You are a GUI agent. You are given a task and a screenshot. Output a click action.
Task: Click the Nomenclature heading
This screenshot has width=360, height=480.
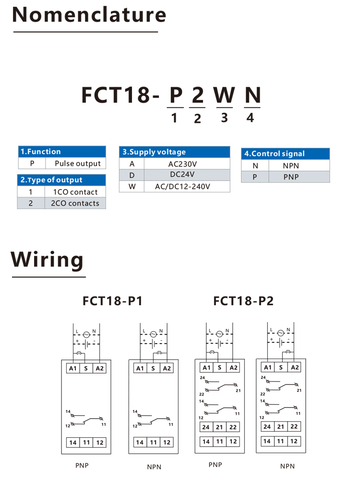click(89, 15)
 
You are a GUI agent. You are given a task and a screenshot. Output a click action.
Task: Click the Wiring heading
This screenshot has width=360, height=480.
click(47, 260)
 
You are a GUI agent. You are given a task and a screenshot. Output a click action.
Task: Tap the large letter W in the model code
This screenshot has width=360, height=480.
click(224, 95)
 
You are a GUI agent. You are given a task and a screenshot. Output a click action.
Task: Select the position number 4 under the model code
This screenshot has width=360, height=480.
click(250, 118)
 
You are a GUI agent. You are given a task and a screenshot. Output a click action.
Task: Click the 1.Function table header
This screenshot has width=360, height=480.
click(62, 152)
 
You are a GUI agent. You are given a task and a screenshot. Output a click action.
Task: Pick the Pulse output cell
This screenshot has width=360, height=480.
click(78, 164)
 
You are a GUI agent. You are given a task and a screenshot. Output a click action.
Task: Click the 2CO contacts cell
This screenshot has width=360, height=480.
click(75, 203)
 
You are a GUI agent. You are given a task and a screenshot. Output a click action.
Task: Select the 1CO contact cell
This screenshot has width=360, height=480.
click(75, 192)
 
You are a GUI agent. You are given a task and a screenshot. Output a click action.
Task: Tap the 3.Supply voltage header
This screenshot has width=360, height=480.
click(175, 152)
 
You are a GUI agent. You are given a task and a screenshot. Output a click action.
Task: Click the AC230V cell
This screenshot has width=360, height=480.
click(182, 164)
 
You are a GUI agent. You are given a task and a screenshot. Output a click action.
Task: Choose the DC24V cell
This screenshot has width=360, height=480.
click(182, 175)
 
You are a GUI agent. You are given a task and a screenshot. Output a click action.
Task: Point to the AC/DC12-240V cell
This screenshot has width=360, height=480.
click(182, 186)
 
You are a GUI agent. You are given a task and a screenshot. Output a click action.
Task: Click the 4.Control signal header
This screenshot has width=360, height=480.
click(285, 154)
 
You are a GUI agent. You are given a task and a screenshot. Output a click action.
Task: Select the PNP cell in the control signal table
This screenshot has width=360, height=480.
click(291, 177)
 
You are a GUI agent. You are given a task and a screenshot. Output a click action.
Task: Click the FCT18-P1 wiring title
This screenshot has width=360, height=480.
click(112, 301)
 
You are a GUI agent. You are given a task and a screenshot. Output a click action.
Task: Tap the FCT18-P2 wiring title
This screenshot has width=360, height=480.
click(243, 301)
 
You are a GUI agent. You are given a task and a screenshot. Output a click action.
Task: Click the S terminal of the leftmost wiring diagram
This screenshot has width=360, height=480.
click(86, 368)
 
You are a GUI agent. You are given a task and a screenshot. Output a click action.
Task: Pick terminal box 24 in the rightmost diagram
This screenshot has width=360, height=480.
click(267, 426)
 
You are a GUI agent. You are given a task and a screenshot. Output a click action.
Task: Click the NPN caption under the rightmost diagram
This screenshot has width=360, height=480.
click(288, 466)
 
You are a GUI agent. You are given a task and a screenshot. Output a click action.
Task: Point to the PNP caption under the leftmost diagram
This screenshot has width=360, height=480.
click(82, 466)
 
